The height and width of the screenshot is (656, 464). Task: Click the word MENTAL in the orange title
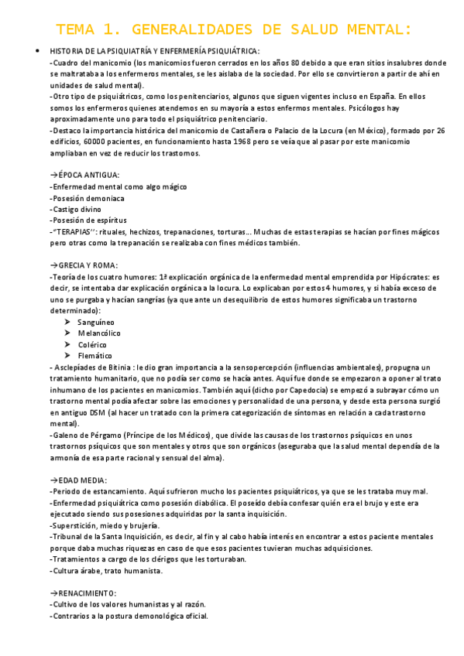click(x=376, y=30)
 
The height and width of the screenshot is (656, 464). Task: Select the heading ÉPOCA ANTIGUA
click(x=84, y=175)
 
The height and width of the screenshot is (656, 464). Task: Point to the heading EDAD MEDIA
click(x=78, y=480)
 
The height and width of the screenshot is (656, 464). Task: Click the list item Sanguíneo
click(x=96, y=321)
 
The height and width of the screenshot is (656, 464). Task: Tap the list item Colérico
click(x=92, y=344)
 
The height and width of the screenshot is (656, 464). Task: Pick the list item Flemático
click(x=95, y=356)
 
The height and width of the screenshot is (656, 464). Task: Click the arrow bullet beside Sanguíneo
click(x=68, y=321)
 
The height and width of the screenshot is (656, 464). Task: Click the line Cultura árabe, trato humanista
click(x=107, y=571)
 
